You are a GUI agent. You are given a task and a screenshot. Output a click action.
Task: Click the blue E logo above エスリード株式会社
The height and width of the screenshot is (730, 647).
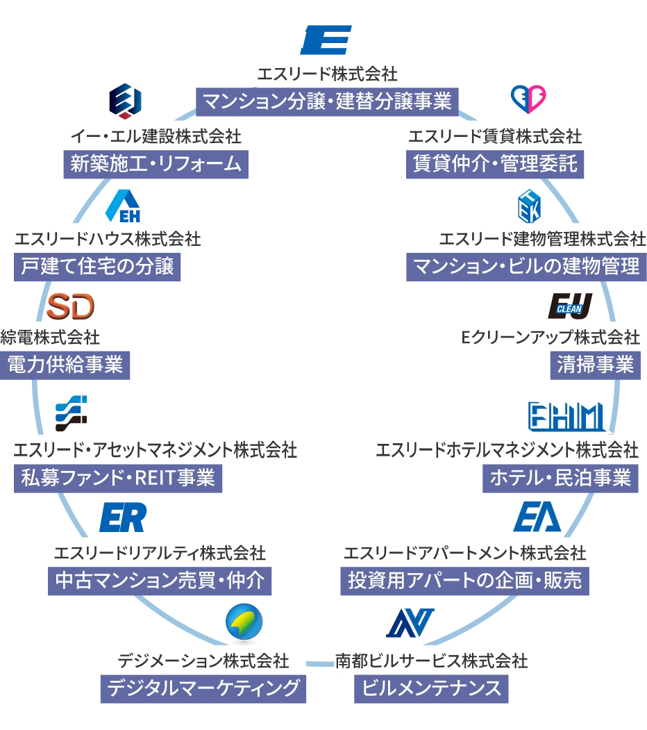pyautogui.click(x=327, y=40)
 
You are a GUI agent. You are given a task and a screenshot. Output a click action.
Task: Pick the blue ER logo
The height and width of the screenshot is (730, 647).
pyautogui.click(x=124, y=516)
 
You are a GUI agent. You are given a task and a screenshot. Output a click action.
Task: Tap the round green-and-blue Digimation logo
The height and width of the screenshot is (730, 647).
pyautogui.click(x=244, y=621)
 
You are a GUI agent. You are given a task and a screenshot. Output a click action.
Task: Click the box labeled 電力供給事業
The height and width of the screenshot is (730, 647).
pyautogui.click(x=65, y=365)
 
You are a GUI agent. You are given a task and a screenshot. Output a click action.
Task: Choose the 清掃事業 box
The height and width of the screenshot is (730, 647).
pyautogui.click(x=596, y=365)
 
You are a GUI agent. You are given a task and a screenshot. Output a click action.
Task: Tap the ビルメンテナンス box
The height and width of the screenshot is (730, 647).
pyautogui.click(x=432, y=688)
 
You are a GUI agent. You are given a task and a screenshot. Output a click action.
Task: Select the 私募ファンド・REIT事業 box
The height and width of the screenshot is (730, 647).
pyautogui.click(x=118, y=478)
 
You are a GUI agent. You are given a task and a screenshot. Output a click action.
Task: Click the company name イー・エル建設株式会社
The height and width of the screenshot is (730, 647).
pyautogui.click(x=156, y=135)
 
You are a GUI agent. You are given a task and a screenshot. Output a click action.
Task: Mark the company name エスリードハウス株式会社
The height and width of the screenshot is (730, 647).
pyautogui.click(x=108, y=239)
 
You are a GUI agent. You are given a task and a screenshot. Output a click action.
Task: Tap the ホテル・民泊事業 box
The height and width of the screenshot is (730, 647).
pyautogui.click(x=560, y=478)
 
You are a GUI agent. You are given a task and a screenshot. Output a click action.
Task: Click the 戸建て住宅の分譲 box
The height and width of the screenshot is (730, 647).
pyautogui.click(x=97, y=266)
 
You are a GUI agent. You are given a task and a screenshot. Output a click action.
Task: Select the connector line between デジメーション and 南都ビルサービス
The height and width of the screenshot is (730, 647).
pyautogui.click(x=319, y=665)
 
